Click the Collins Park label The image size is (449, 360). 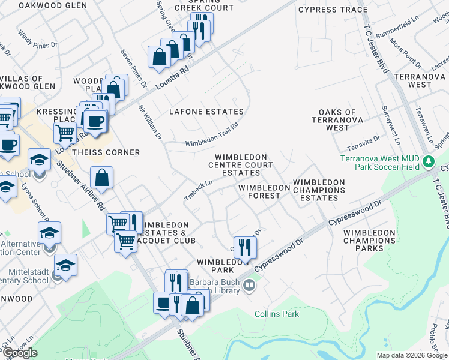276,314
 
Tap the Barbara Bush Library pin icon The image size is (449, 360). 249,287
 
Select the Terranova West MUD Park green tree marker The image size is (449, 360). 429,161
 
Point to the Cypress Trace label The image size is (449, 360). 340,10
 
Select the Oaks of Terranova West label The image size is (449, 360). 337,119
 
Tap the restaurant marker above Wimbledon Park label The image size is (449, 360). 245,247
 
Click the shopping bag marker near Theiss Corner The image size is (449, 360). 102,178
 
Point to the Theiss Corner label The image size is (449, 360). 106,152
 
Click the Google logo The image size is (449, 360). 19,353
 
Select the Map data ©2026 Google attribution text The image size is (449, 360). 412,355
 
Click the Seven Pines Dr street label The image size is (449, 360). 134,68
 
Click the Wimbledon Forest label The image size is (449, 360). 259,191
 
